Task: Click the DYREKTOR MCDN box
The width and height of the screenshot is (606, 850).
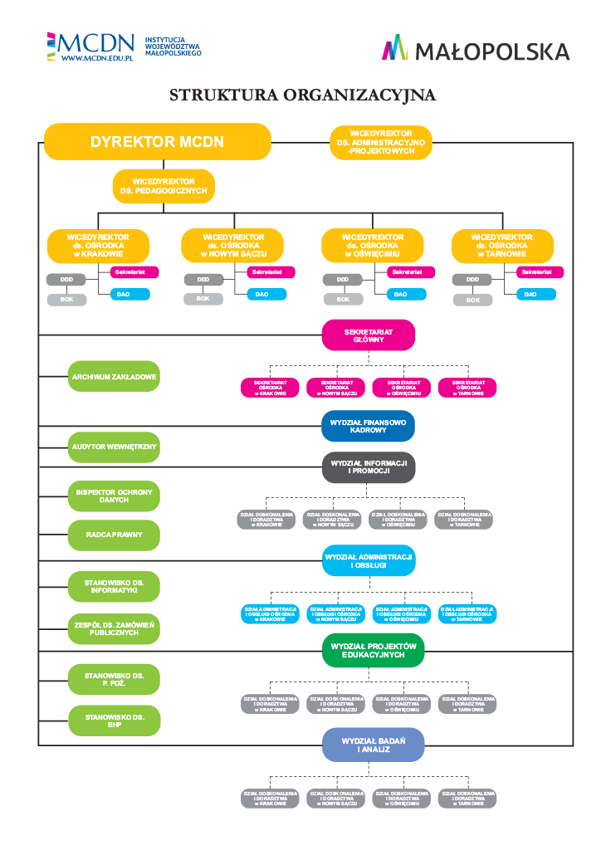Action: tap(157, 141)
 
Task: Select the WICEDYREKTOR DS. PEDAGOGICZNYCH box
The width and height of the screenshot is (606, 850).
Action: tap(164, 187)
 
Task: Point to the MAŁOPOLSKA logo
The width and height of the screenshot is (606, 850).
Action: tap(476, 50)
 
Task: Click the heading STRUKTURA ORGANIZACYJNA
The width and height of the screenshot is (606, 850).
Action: tap(302, 95)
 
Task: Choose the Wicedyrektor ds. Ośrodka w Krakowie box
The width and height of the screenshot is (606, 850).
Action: tap(98, 246)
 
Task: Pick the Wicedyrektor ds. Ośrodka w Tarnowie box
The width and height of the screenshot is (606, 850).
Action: tap(502, 246)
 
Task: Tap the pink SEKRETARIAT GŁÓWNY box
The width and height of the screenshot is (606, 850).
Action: tap(368, 335)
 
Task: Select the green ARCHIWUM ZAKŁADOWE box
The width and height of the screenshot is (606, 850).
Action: tap(113, 376)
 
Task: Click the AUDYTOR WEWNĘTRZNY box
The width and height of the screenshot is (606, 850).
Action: tap(113, 447)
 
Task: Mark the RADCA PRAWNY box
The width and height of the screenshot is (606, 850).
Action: tap(113, 535)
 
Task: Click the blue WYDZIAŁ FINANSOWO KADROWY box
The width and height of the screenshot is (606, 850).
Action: tap(368, 426)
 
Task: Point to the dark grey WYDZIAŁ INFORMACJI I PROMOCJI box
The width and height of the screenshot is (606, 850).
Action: tap(368, 467)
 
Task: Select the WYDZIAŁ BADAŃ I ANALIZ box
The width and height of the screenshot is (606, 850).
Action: tap(373, 745)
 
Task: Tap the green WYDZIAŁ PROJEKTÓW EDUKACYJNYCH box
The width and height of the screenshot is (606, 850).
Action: tap(373, 650)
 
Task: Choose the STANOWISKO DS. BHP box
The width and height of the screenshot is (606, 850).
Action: tap(113, 720)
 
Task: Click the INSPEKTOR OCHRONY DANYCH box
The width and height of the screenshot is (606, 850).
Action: tap(113, 496)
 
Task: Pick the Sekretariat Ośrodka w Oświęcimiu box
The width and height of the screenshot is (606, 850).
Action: tap(400, 387)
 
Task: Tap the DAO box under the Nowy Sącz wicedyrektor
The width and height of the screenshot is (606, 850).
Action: tap(261, 294)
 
